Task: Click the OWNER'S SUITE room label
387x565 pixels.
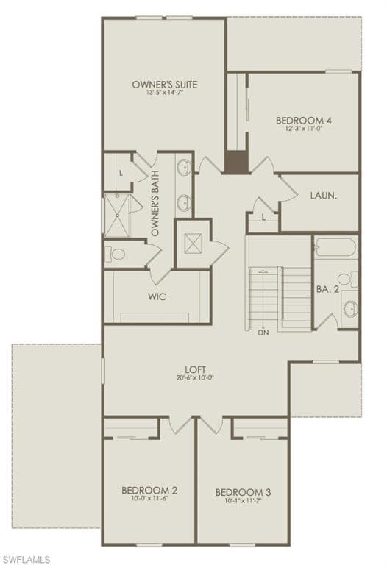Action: [165, 85]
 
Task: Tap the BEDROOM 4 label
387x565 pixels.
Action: [299, 121]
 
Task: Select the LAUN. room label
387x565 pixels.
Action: [324, 196]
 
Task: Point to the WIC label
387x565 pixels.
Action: [157, 297]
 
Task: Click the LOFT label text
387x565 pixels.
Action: [195, 369]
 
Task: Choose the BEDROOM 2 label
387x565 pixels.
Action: [149, 490]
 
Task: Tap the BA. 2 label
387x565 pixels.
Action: [327, 290]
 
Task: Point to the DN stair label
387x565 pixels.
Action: [263, 333]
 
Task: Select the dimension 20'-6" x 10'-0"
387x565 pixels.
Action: [195, 378]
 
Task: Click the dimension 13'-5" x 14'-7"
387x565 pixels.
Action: [165, 93]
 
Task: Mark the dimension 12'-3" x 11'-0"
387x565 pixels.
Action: [299, 129]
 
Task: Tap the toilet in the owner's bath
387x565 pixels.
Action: [117, 255]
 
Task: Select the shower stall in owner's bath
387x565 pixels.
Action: [116, 214]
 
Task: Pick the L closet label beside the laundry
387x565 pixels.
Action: [263, 216]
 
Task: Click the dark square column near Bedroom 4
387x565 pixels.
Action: [236, 162]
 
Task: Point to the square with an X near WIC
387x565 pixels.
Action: [193, 243]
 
